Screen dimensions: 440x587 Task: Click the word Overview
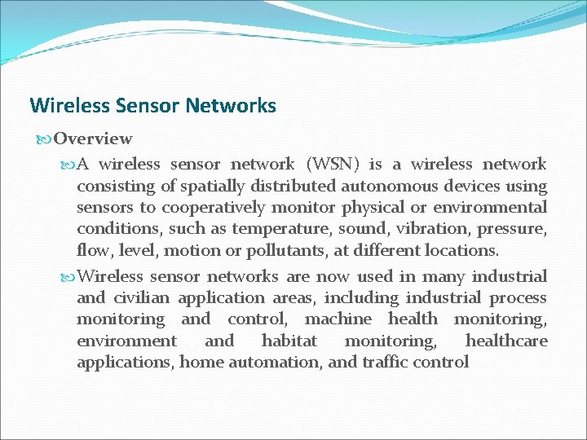tap(93, 139)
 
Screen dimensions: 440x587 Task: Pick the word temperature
tap(282, 228)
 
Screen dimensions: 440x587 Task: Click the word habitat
tap(289, 341)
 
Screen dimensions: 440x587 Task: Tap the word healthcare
tap(506, 341)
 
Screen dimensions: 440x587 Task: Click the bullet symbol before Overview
tap(44, 139)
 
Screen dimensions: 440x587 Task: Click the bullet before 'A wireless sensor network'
tap(68, 165)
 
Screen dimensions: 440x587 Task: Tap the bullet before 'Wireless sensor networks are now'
tap(68, 277)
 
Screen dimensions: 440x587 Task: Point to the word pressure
tap(511, 228)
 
